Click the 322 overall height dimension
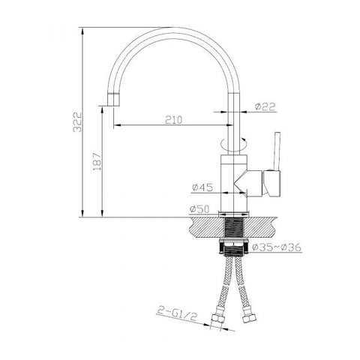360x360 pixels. point(77,121)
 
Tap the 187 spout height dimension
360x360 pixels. point(97,161)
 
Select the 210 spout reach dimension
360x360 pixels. point(174,120)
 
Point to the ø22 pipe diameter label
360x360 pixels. point(265,106)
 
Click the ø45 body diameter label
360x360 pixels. point(202,187)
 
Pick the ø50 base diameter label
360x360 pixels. point(199,209)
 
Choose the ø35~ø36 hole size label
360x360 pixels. point(277,247)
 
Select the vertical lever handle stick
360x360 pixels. point(277,151)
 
